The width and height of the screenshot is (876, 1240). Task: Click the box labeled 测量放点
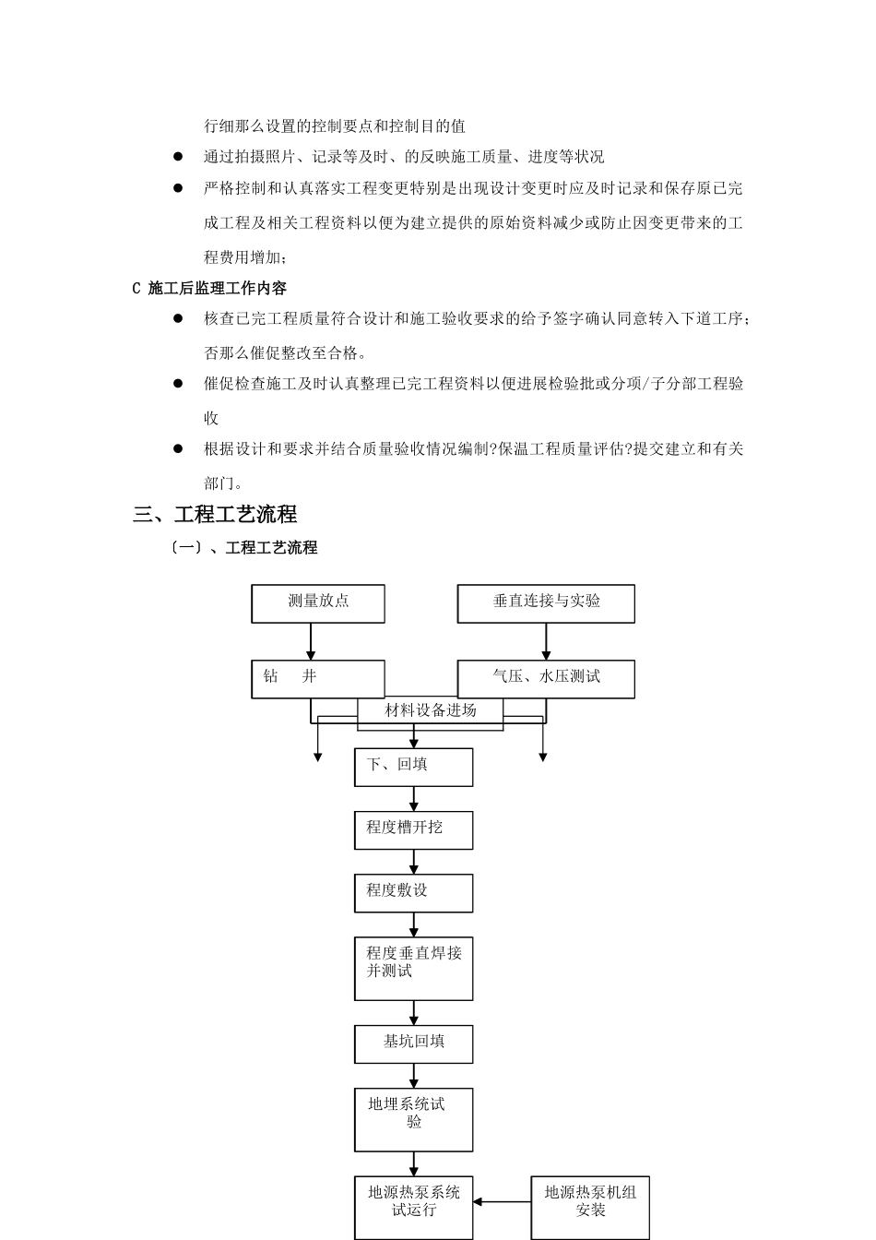318,603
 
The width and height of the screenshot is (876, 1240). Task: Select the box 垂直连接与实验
546,603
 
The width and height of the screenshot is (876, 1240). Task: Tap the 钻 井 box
318,679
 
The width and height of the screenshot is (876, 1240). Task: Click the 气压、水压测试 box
546,679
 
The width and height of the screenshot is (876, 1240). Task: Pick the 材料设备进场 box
431,711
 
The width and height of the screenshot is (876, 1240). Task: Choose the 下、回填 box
413,767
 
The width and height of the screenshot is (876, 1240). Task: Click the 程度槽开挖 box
413,829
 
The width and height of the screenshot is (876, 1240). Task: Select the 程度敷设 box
413,892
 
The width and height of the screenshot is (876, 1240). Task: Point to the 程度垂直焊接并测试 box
413,968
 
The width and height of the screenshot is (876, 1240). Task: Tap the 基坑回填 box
413,1043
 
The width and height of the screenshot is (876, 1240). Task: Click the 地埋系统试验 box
413,1119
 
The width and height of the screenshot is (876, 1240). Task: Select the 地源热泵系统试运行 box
413,1207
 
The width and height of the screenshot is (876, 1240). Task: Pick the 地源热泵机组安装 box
590,1207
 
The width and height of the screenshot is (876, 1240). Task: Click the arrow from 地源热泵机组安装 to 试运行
502,1201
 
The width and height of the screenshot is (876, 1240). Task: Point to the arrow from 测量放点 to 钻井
311,641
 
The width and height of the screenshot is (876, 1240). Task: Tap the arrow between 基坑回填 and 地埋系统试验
414,1075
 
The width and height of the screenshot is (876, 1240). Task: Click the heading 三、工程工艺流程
215,515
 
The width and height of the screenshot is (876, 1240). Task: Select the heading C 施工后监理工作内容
209,288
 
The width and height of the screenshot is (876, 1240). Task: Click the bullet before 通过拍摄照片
178,157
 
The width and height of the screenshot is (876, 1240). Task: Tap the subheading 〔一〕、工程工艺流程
243,547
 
